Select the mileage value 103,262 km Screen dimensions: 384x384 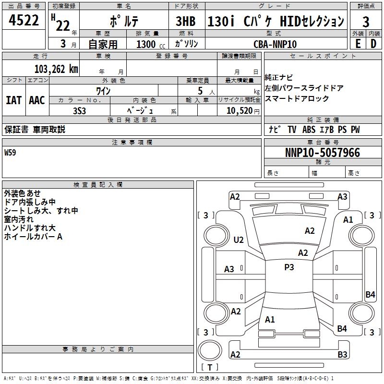click(56, 69)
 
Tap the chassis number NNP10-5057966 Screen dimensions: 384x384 click(323, 153)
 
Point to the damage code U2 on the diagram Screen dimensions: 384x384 click(239, 240)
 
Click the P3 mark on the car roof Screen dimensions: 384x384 click(289, 267)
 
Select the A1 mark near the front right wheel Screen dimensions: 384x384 click(348, 219)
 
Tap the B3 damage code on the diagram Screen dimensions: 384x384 click(342, 355)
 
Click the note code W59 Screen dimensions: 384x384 click(10, 154)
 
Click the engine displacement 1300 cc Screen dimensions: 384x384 click(146, 44)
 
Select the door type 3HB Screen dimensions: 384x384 click(185, 22)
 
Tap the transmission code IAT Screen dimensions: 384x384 click(14, 100)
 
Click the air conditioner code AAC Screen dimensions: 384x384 click(36, 100)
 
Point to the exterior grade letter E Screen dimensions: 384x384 click(358, 44)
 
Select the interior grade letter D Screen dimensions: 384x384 click(373, 44)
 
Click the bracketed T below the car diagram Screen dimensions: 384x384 click(209, 367)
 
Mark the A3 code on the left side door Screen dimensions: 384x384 click(229, 269)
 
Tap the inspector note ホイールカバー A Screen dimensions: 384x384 click(33, 237)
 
